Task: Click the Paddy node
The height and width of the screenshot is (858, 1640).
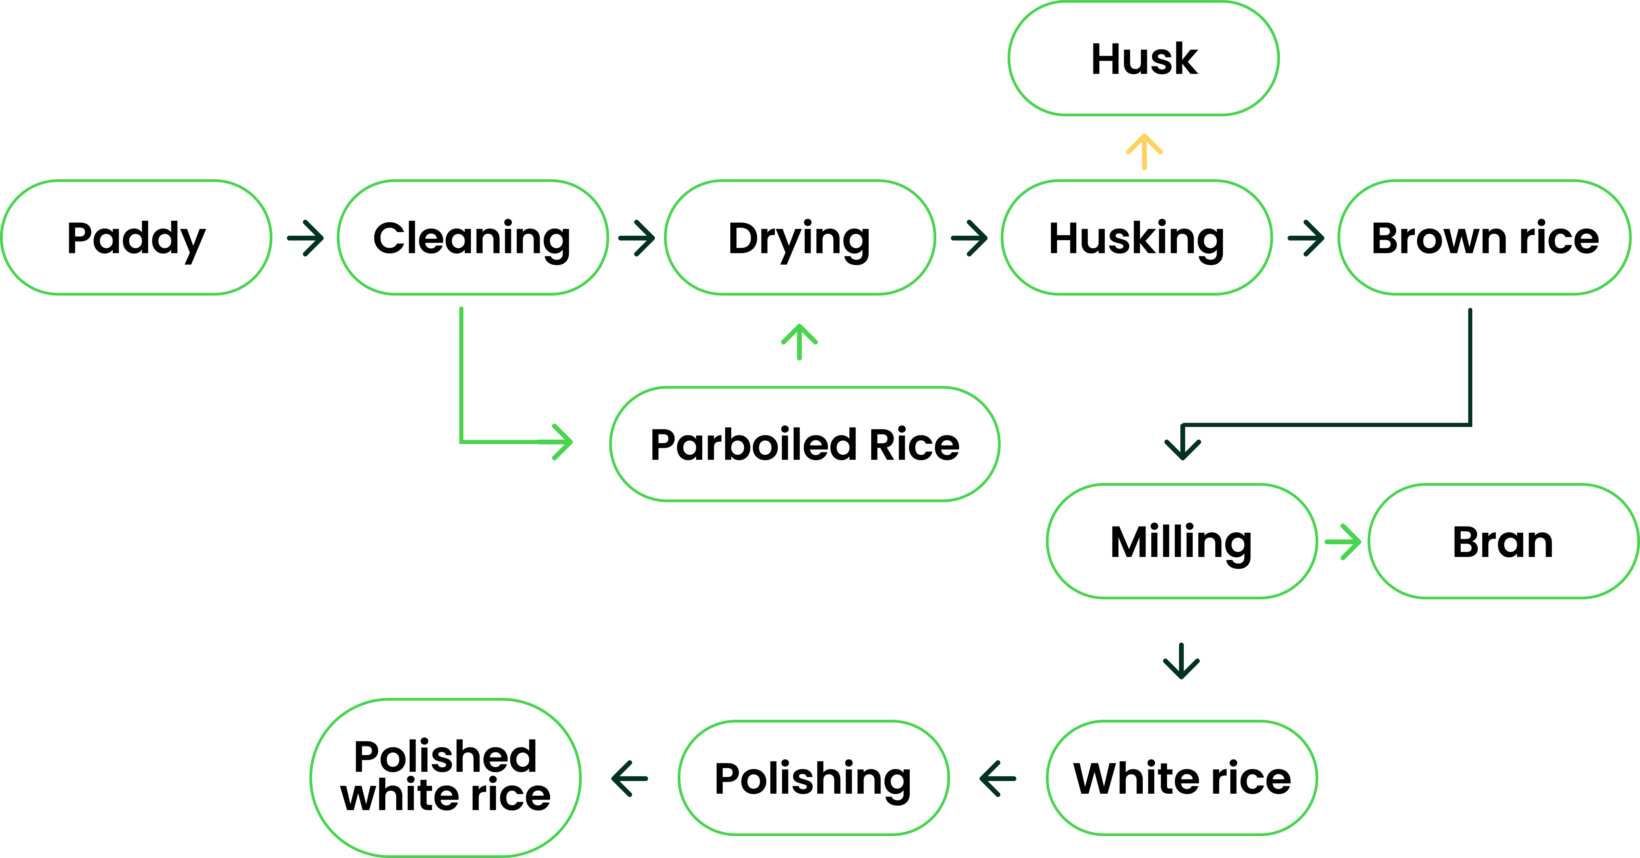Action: [x=136, y=237]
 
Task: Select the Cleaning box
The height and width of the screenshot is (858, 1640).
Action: [x=472, y=237]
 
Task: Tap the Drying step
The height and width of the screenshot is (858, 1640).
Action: [x=799, y=237]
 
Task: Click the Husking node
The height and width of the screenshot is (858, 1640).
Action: [x=1137, y=237]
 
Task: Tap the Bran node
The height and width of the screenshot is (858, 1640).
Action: [x=1503, y=542]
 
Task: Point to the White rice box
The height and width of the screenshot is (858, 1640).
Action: [x=1182, y=778]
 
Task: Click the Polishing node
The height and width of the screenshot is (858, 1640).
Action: [x=813, y=778]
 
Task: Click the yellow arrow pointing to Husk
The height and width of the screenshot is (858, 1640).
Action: [x=1144, y=152]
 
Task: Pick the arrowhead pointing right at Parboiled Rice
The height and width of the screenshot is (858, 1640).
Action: [x=560, y=441]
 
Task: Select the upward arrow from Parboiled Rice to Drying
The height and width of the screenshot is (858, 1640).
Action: [x=799, y=342]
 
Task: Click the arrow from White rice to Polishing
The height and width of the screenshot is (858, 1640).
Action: [x=998, y=778]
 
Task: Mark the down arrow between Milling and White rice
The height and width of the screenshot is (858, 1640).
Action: [x=1182, y=661]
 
